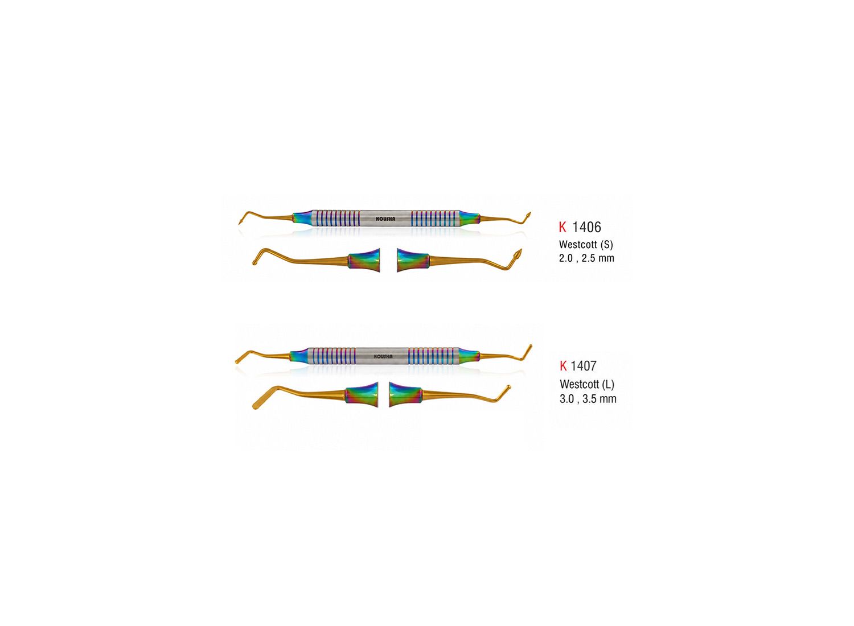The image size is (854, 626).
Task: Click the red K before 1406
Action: click(x=563, y=228)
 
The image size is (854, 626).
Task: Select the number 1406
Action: click(x=586, y=228)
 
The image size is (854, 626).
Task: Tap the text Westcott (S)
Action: click(x=586, y=245)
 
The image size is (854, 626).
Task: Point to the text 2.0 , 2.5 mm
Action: click(x=586, y=258)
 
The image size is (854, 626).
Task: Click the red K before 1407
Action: click(x=563, y=366)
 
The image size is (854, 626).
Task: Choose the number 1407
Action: click(x=584, y=366)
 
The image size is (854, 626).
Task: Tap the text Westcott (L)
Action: click(x=587, y=384)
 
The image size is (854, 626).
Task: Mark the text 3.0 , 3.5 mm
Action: click(x=588, y=399)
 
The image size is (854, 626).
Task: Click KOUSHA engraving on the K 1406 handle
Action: click(x=385, y=219)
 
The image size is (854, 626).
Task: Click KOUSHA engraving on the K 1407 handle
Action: click(x=383, y=357)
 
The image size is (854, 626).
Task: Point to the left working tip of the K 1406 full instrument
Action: click(x=241, y=221)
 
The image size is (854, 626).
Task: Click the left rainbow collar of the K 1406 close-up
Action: click(x=364, y=260)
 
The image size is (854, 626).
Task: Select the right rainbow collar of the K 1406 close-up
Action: click(x=413, y=260)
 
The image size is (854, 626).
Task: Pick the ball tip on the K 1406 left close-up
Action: click(x=255, y=262)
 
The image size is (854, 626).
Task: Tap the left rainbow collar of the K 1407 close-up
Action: click(x=362, y=395)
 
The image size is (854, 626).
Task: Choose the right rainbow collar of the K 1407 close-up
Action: click(x=405, y=395)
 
